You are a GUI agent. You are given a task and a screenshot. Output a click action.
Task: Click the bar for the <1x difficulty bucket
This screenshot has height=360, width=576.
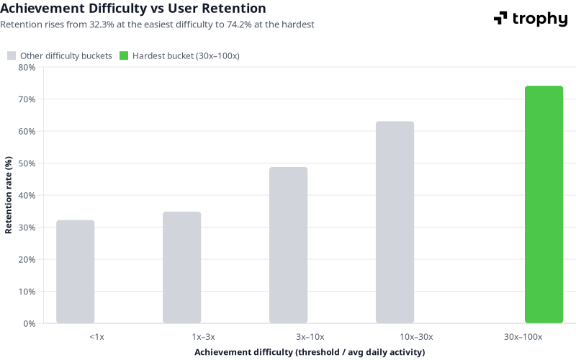tap(75, 271)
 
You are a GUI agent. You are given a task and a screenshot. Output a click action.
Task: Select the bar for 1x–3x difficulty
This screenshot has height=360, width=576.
tap(181, 267)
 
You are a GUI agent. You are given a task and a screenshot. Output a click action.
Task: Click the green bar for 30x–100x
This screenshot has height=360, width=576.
tap(544, 204)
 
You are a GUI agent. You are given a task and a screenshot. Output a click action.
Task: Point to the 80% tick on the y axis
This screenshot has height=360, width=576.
tap(27, 67)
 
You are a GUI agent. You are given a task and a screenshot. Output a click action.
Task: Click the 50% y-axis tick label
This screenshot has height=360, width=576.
tap(27, 163)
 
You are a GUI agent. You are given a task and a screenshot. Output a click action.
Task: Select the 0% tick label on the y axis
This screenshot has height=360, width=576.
tap(29, 323)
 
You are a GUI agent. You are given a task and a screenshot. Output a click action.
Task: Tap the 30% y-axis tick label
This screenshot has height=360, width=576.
tap(27, 228)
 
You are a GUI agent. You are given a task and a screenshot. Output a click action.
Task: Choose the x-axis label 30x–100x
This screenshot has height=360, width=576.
tap(523, 337)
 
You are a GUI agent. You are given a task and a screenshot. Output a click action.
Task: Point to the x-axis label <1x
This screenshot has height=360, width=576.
tap(96, 337)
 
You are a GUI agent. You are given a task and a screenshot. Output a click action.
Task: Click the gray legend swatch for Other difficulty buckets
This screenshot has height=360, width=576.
tap(12, 56)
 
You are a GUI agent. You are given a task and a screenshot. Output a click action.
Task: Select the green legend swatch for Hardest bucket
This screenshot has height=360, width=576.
tap(124, 56)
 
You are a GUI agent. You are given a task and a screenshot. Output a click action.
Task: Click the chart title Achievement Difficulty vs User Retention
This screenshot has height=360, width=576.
tap(133, 9)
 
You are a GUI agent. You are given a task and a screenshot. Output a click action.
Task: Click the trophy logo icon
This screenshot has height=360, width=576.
tap(500, 18)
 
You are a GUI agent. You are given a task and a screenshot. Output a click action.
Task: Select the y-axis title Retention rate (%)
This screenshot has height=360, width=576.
tap(9, 194)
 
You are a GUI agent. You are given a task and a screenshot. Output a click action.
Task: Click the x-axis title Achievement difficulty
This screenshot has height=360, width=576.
tap(310, 352)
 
